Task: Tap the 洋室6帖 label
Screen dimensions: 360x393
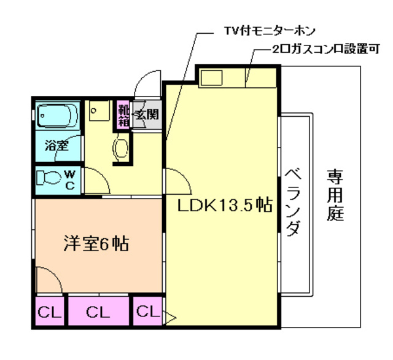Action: coord(96,243)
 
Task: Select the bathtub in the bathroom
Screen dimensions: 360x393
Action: coord(56,115)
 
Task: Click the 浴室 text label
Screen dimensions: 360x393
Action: coord(56,147)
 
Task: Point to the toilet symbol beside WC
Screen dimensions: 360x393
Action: coord(49,178)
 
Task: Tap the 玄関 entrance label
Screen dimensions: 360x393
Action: coord(147,114)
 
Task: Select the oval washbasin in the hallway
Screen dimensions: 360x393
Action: coord(122,147)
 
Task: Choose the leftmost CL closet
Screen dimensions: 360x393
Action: coord(50,312)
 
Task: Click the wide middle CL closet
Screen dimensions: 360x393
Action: coord(98,312)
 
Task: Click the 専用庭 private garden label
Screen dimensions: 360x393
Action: coord(335,195)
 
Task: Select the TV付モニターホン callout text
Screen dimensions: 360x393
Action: coord(260,29)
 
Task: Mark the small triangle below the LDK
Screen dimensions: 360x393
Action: coord(171,318)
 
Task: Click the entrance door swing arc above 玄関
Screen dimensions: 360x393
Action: coord(146,86)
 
